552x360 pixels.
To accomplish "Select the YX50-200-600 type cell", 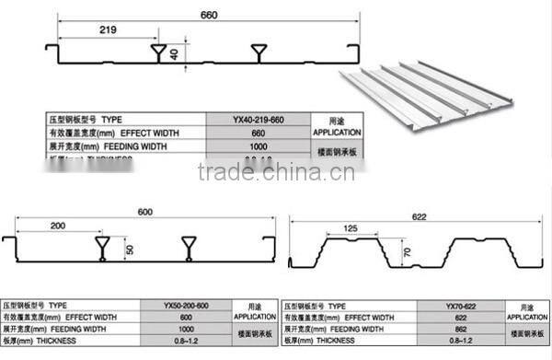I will coord(186,304).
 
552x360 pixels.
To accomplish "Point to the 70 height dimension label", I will coord(404,250).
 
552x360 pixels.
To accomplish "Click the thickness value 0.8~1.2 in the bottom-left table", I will coord(186,339).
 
